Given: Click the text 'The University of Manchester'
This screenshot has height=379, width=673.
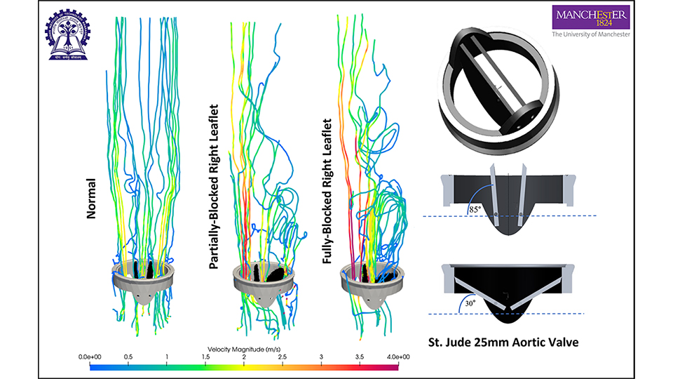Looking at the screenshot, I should click(591, 33).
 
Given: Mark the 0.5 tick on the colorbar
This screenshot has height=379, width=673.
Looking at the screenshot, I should click(128, 357).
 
